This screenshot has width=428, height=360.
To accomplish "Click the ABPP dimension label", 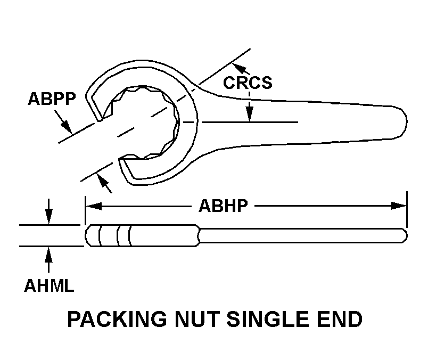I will [x=52, y=100].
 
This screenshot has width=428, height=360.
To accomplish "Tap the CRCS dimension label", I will [x=247, y=83].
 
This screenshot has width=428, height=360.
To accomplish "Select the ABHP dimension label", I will [x=224, y=206].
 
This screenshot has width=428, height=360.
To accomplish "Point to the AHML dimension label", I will [x=49, y=286].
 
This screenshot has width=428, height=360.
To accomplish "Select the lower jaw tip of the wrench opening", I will [x=124, y=162].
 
